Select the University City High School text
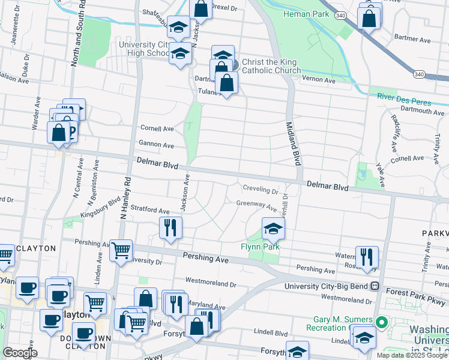pos(145,49)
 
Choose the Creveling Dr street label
pos(261,191)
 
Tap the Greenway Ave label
pos(256,205)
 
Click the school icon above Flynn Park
pos(273,228)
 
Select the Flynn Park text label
pos(261,247)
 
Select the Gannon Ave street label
pos(156,145)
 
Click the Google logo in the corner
pos(19,353)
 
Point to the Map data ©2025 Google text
pos(412,355)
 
